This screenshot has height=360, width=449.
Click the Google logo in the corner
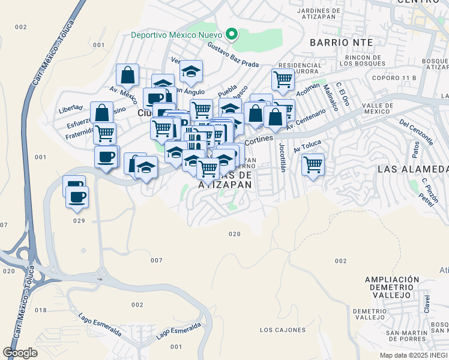click(x=20, y=352)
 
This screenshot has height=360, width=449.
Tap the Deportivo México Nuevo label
click(x=177, y=34)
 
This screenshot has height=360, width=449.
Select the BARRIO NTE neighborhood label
click(x=342, y=43)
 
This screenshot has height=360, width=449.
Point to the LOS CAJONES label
click(x=282, y=330)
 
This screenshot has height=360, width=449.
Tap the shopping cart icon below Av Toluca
click(x=313, y=164)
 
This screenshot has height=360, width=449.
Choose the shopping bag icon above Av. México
click(x=127, y=76)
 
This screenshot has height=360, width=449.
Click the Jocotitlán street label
click(x=281, y=157)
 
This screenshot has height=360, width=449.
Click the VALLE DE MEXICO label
click(x=378, y=109)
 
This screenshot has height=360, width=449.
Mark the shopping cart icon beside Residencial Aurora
click(x=282, y=79)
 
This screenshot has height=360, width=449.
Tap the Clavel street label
click(x=427, y=304)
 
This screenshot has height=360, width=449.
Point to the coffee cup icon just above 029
click(x=77, y=197)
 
